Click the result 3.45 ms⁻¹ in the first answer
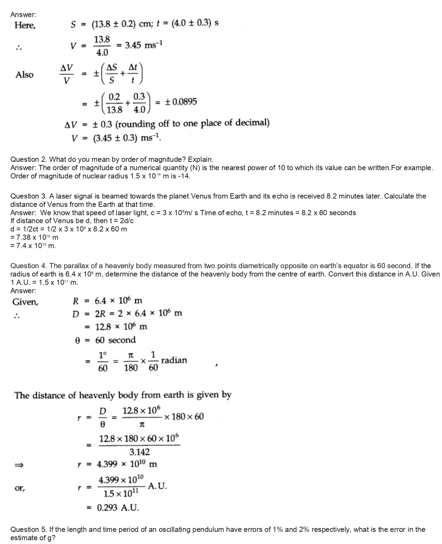pos(144,45)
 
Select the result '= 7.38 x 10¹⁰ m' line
pos(34,237)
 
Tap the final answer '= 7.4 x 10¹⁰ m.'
pos(33,246)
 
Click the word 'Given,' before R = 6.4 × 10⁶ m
pos(25,302)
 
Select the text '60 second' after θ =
pos(115,340)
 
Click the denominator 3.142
pos(139,452)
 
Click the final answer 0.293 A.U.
pos(118,508)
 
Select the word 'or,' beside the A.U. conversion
pos(20,488)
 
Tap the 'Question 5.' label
pos(29,529)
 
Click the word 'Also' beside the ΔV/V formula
pos(25,75)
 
